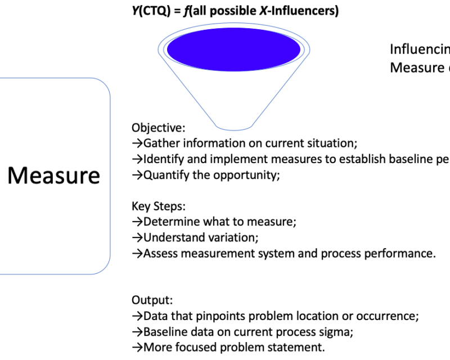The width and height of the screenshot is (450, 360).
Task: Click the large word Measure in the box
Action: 54,175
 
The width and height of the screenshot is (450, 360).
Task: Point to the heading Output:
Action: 152,300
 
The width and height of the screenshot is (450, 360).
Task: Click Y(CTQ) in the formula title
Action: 148,11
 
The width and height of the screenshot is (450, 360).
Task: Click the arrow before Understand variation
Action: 137,237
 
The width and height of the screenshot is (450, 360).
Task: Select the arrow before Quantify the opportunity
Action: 137,174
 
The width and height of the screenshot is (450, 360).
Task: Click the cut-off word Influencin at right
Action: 420,49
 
